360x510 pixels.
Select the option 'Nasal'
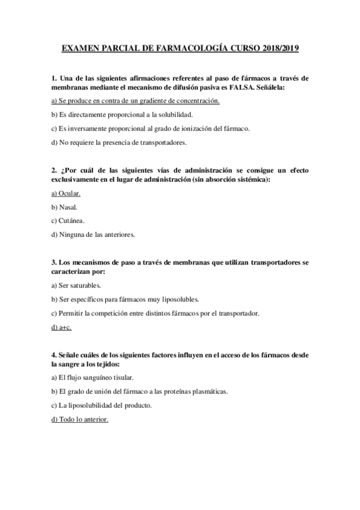[64, 207]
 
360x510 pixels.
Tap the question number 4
[53, 355]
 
